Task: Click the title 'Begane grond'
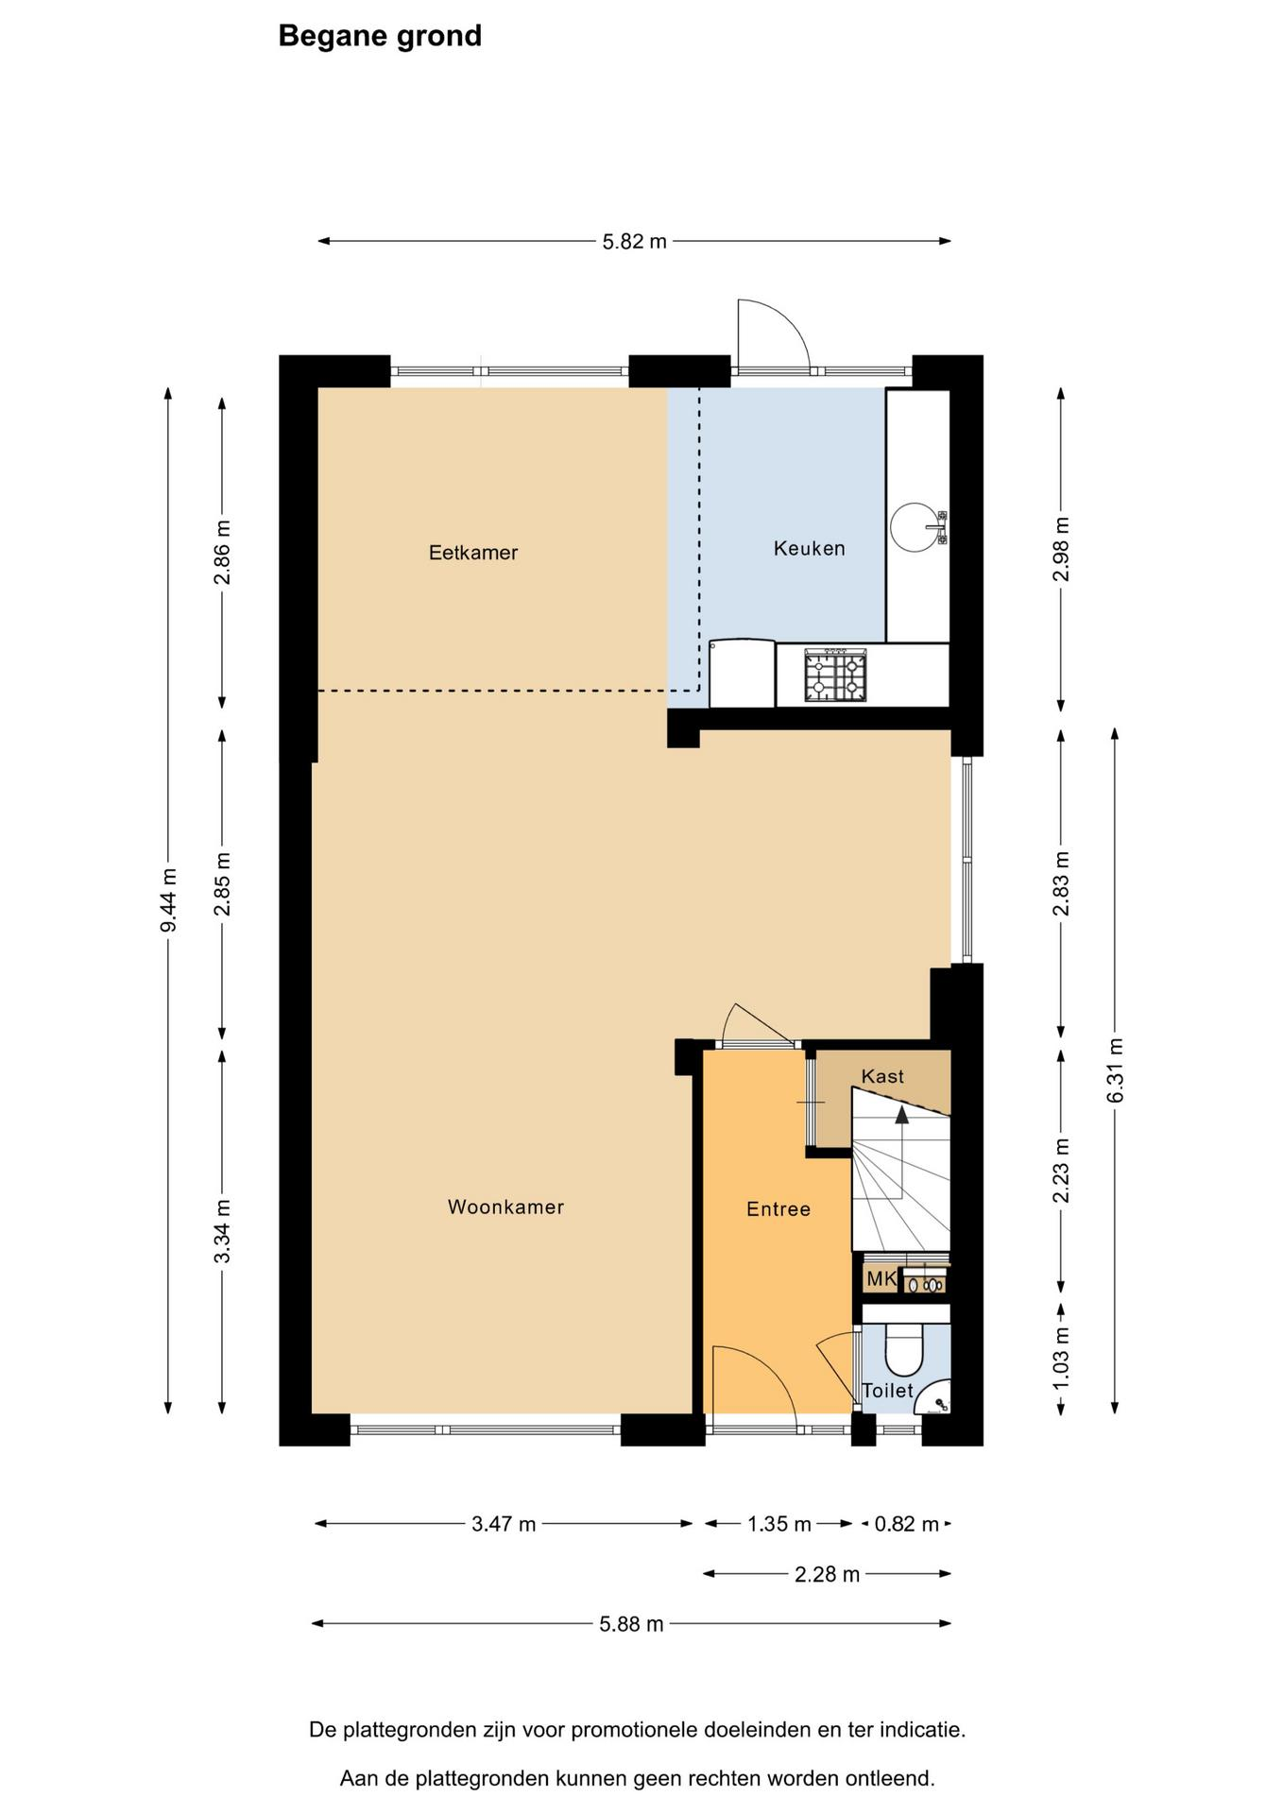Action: coord(380,36)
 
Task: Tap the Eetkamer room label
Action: coord(473,553)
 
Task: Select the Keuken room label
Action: coord(810,548)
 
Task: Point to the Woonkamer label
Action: coord(505,1206)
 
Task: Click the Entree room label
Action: coord(778,1209)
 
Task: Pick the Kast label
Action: coord(883,1076)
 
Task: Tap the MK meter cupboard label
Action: coord(881,1279)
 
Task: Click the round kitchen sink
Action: coord(915,526)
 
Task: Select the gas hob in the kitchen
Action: coord(835,675)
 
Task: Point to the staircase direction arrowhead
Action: coord(902,1114)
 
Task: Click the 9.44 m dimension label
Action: coord(168,900)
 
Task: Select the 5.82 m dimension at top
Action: coord(635,241)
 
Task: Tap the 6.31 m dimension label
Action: coord(1116,1070)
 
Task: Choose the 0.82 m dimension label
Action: coord(907,1524)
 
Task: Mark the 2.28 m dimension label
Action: coord(828,1574)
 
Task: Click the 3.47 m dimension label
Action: coord(504,1524)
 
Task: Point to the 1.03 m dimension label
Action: coord(1062,1358)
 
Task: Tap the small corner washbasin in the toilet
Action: coord(935,1398)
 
